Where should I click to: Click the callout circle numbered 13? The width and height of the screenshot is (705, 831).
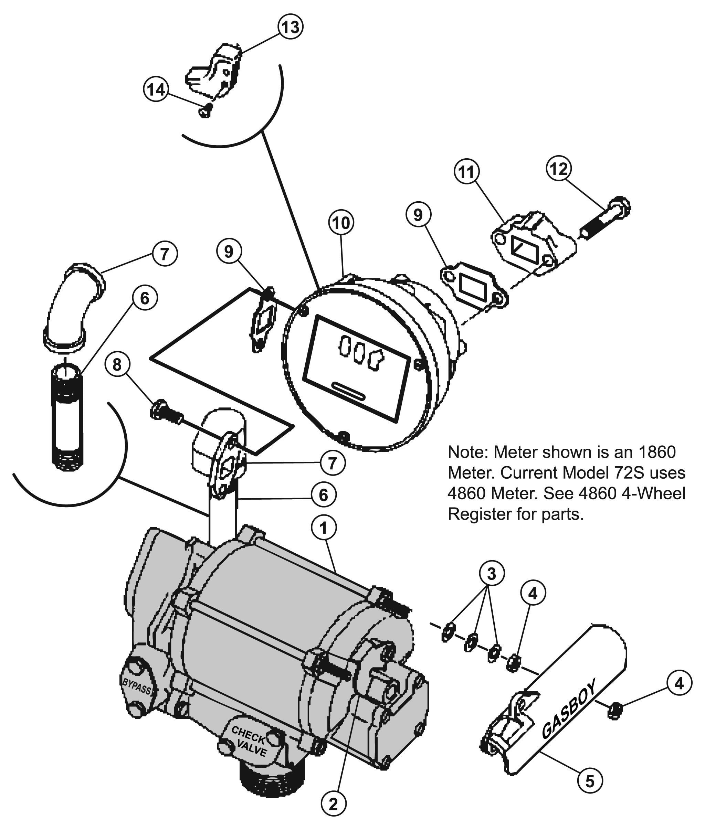291,27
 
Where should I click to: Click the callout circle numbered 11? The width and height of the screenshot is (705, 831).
467,171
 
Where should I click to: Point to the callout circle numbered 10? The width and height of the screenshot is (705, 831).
341,223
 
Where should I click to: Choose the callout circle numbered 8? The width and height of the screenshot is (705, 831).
117,364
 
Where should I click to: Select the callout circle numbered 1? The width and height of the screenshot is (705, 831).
324,528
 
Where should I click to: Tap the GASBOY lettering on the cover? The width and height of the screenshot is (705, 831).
569,707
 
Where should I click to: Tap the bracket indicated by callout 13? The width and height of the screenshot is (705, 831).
214,72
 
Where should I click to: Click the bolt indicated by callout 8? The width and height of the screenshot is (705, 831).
167,411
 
